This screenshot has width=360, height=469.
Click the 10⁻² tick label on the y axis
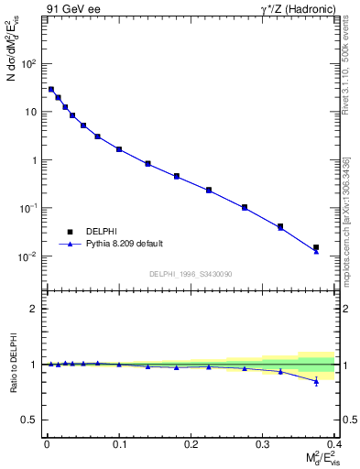28,256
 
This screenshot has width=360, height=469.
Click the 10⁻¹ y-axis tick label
28,208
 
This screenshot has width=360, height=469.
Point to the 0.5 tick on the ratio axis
29,420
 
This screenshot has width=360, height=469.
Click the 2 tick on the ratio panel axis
33,309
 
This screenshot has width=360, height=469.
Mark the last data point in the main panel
316,248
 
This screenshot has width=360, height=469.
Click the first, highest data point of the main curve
51,90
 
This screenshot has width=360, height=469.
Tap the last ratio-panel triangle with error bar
316,381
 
